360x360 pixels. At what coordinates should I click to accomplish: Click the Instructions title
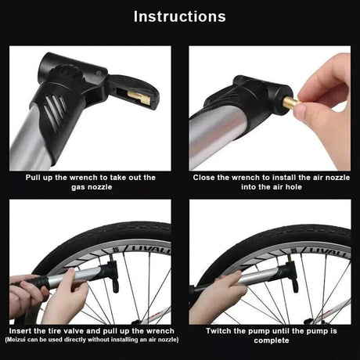179,16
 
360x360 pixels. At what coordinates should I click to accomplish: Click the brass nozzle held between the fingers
290,102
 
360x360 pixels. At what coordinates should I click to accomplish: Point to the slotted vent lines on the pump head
54,110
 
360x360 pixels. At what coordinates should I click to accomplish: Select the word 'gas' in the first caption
78,188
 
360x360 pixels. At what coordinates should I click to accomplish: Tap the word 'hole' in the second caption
293,187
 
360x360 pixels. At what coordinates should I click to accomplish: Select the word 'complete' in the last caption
272,340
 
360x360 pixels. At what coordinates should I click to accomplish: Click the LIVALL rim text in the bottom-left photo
151,249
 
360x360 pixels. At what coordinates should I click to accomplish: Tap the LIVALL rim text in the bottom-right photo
329,251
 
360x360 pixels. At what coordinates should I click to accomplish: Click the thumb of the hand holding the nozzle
304,110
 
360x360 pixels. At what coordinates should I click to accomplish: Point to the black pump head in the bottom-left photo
112,275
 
